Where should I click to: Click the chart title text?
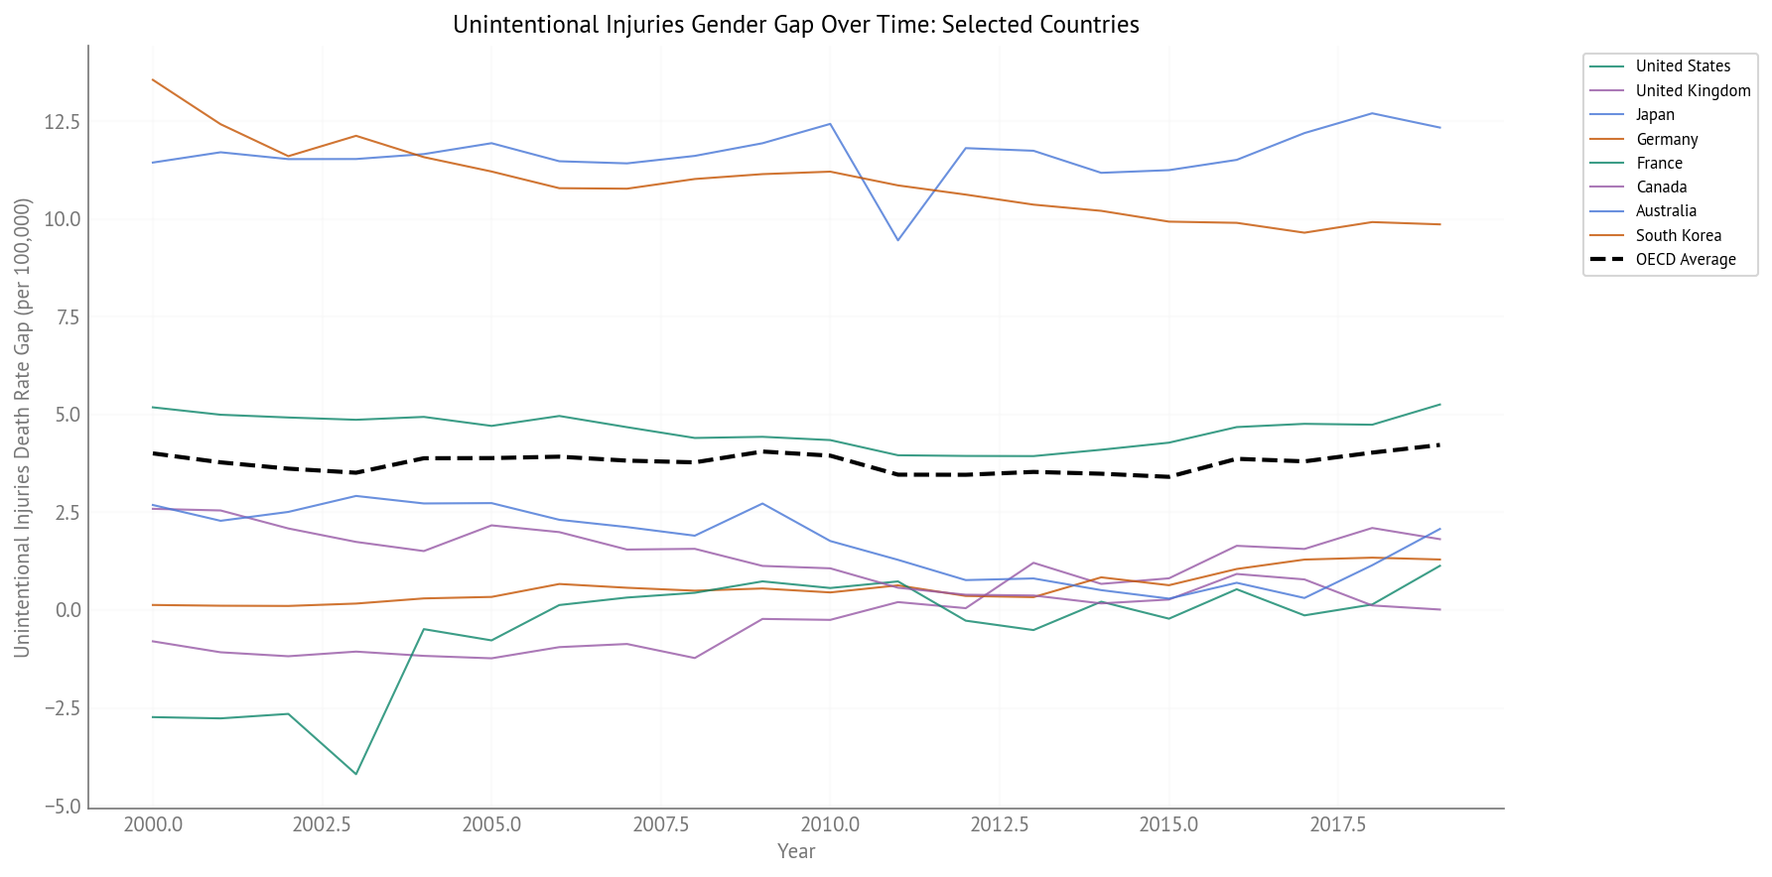[x=795, y=25]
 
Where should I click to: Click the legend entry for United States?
[x=1682, y=66]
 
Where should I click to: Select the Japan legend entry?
[x=1654, y=115]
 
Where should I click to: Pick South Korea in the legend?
[x=1678, y=236]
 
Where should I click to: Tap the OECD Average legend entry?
[x=1685, y=260]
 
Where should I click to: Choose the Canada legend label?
[x=1661, y=188]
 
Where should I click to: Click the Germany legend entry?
[x=1666, y=140]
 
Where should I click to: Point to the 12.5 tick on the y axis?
[x=62, y=122]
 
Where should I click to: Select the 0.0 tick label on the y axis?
[x=68, y=610]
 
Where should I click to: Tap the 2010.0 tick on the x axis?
[x=830, y=825]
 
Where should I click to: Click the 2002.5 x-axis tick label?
[x=322, y=825]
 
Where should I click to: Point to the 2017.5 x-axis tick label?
[x=1338, y=825]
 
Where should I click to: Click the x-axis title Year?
[x=796, y=851]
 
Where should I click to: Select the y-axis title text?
[x=22, y=428]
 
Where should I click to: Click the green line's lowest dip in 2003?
[x=355, y=774]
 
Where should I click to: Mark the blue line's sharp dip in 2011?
[x=897, y=240]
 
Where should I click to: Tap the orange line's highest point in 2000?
[x=153, y=79]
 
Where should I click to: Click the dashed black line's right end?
[x=1439, y=444]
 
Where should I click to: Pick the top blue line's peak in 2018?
[x=1372, y=113]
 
